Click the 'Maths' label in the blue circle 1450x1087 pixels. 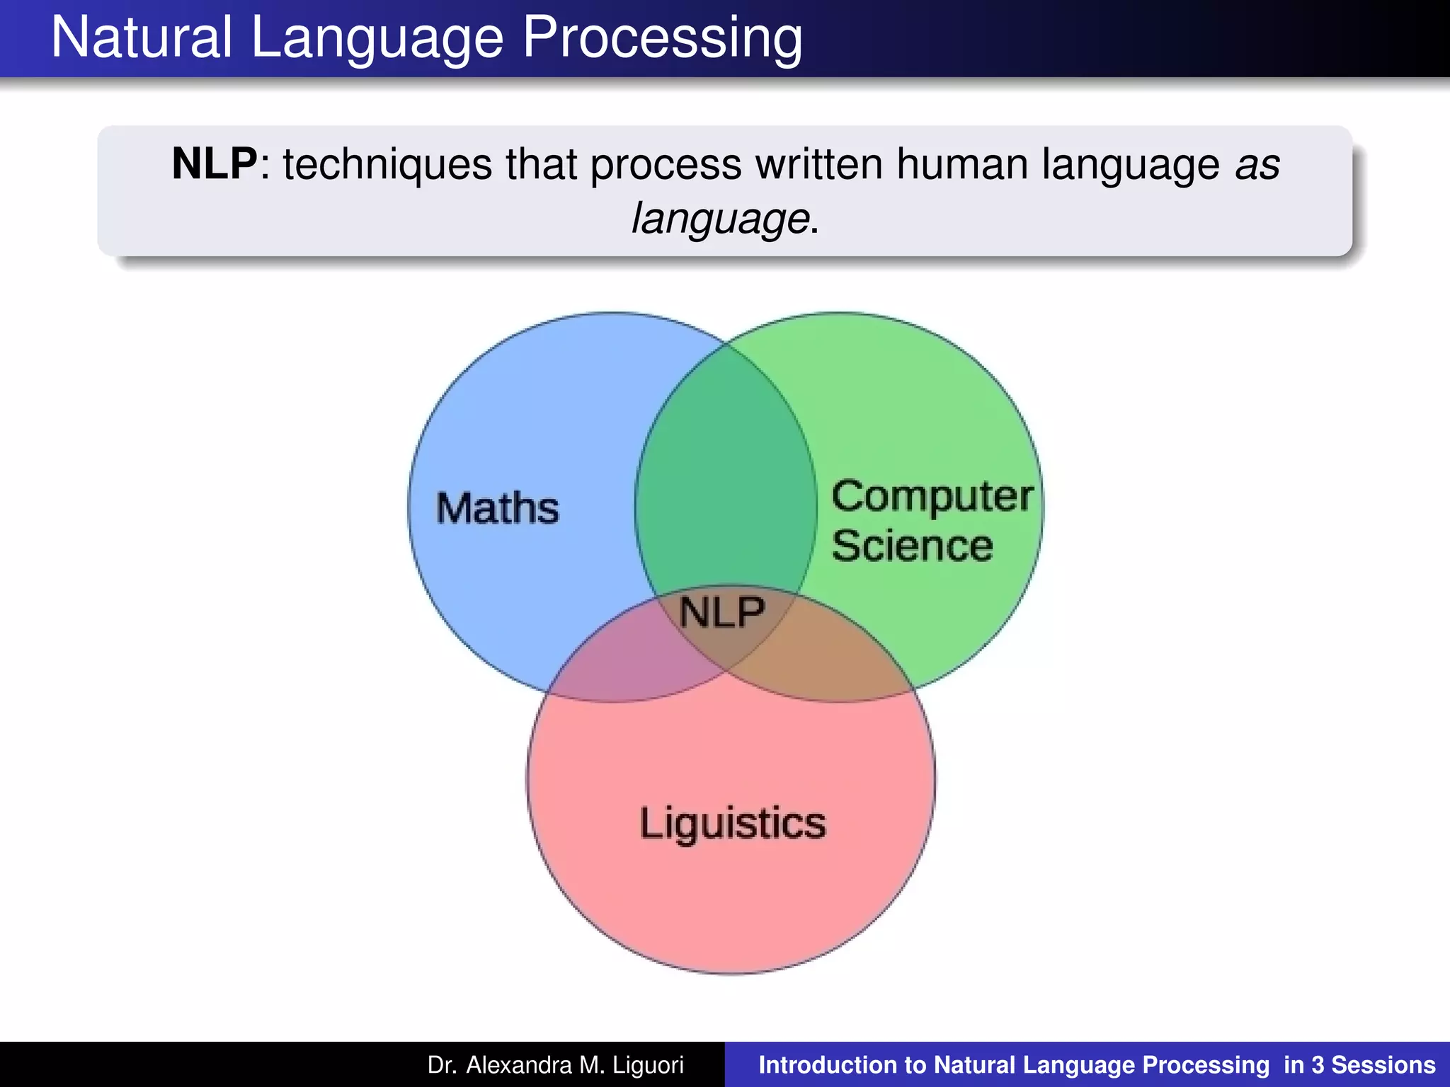[497, 508]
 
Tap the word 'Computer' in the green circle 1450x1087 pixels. [932, 497]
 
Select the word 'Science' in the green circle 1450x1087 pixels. [912, 546]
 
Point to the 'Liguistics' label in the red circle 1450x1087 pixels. [733, 824]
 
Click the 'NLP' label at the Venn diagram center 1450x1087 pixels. [722, 612]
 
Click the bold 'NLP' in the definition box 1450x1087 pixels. [215, 164]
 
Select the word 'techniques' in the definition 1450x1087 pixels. [387, 164]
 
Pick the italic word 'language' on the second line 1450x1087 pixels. [720, 219]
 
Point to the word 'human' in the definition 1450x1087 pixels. [962, 164]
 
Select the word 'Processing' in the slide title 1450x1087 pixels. [662, 38]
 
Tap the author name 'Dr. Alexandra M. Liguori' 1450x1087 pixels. [556, 1065]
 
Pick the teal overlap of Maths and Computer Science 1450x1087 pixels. [726, 481]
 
